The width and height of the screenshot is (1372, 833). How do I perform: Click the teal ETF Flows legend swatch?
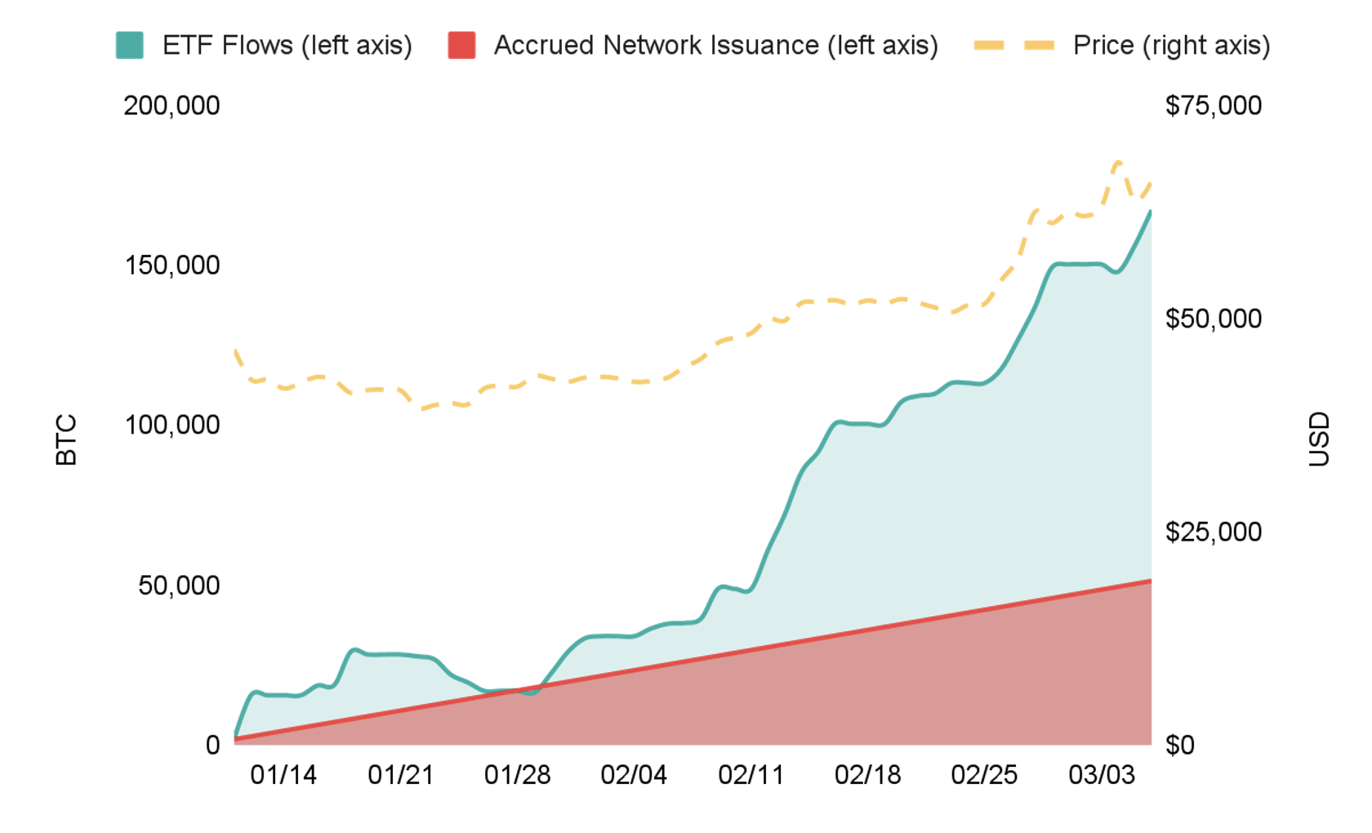(x=130, y=46)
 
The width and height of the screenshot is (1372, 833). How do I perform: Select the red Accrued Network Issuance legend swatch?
(x=461, y=46)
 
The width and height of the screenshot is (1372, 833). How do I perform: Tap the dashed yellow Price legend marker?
(x=1014, y=46)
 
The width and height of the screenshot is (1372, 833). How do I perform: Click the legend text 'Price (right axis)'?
(x=1171, y=46)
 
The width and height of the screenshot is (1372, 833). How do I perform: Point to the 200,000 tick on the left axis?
(x=171, y=106)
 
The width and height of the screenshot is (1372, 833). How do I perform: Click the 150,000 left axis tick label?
(x=171, y=265)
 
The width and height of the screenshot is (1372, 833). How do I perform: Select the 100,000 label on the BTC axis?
(x=171, y=425)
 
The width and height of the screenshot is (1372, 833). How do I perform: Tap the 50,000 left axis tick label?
(x=179, y=586)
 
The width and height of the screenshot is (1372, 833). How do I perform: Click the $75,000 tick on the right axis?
(x=1213, y=106)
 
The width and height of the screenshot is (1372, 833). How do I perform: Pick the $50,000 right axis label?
(x=1213, y=318)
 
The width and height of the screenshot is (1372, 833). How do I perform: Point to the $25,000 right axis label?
(x=1213, y=532)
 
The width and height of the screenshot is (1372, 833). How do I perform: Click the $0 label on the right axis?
(x=1179, y=745)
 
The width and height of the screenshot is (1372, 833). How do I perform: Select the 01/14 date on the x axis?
(x=283, y=775)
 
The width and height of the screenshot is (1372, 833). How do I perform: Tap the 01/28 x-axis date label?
(x=517, y=775)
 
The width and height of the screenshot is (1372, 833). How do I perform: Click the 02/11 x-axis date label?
(x=751, y=775)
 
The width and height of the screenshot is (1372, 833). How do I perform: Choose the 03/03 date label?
(x=1102, y=775)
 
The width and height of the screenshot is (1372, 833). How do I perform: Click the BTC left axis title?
(x=66, y=440)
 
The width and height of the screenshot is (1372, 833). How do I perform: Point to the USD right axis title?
(x=1319, y=439)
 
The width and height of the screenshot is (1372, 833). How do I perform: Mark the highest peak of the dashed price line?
(x=1118, y=163)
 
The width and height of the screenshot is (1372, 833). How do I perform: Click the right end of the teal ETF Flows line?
(x=1150, y=212)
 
